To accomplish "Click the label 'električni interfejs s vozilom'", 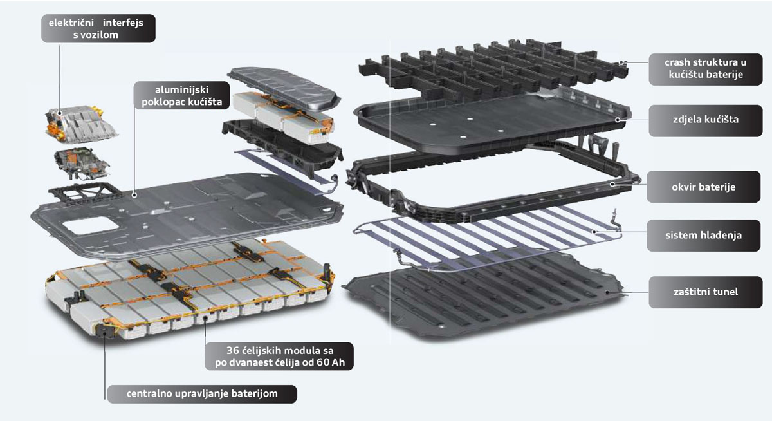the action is [x=98, y=28].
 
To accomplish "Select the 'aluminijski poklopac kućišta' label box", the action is [x=181, y=95].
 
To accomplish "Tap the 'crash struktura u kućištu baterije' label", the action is [x=706, y=69].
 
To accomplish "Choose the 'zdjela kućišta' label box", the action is [x=706, y=120].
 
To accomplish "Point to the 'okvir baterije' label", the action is [x=703, y=187].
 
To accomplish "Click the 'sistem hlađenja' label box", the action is [x=703, y=236].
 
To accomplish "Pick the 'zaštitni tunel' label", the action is [x=706, y=292].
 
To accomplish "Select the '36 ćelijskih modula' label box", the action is [x=279, y=356].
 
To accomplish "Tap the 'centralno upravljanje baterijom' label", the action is [x=202, y=394].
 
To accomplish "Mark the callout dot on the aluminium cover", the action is [x=134, y=195].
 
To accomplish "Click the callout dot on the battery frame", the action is [x=612, y=184].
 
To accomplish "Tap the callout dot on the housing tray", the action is [x=618, y=120].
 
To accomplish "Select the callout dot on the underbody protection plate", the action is [x=607, y=292].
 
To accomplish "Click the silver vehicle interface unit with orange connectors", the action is [x=81, y=124].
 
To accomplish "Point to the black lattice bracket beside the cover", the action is [x=84, y=193].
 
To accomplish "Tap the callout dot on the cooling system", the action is [x=594, y=232].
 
